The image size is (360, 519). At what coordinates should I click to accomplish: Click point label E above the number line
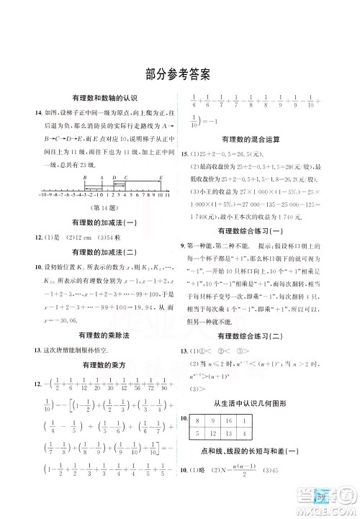(x=160, y=176)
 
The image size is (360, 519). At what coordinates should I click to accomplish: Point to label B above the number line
(x=84, y=176)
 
